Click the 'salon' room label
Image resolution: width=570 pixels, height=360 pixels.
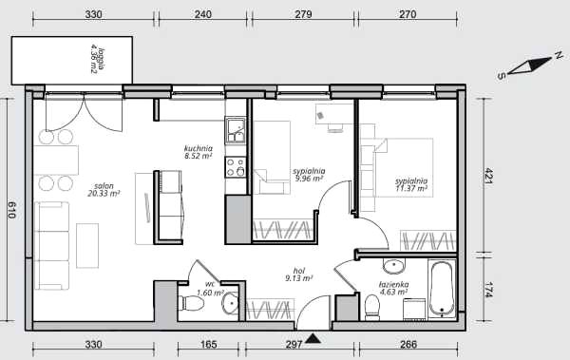(104, 186)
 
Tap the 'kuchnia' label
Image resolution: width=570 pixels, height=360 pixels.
(199, 148)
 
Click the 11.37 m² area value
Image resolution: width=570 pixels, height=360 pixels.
(411, 188)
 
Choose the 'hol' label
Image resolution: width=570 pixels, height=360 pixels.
(299, 271)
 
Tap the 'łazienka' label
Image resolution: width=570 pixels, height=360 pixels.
(393, 284)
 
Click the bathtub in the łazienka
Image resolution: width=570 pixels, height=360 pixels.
(442, 289)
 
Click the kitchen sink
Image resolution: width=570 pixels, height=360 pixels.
(236, 130)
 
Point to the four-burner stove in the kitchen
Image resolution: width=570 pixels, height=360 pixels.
(236, 167)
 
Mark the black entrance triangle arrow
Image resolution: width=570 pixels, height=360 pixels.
(313, 339)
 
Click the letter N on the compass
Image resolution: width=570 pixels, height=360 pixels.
(559, 55)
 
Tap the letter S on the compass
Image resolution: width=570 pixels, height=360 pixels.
(502, 76)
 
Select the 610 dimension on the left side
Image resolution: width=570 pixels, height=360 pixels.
(11, 210)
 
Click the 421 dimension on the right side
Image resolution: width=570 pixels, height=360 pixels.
(488, 176)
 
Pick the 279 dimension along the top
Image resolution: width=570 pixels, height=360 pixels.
(303, 14)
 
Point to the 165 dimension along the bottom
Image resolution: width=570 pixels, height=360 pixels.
(208, 344)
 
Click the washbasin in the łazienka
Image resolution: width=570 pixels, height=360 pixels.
(393, 267)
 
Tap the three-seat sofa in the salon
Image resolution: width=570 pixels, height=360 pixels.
(51, 246)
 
